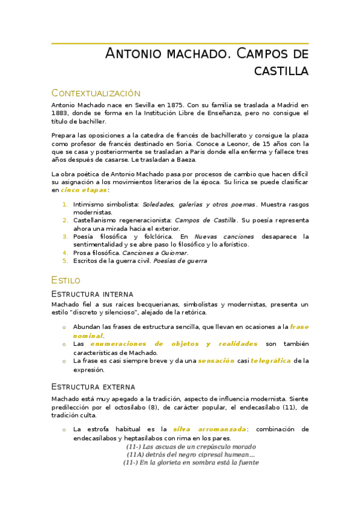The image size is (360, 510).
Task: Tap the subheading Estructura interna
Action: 93,294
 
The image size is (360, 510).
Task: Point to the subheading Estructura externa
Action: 93,386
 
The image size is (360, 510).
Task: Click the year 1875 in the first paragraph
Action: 176,105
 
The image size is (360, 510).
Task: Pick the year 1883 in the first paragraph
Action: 61,113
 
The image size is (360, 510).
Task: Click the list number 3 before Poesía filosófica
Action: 66,236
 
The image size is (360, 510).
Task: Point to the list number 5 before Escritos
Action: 66,261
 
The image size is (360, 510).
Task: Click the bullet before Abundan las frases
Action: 64,328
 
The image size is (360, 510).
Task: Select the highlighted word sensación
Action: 216,361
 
